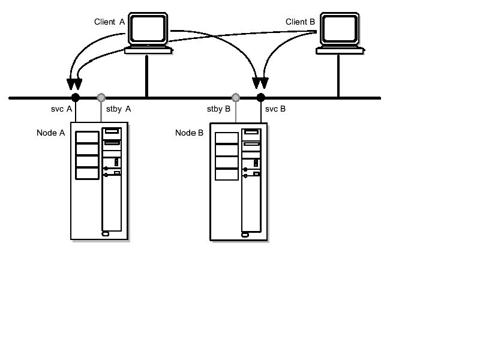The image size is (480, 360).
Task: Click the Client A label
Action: (109, 22)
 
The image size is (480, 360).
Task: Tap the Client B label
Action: (300, 22)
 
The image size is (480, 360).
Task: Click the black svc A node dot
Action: (75, 97)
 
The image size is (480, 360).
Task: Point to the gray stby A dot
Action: (101, 97)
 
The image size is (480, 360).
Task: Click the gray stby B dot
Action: (236, 97)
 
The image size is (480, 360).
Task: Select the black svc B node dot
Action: (260, 97)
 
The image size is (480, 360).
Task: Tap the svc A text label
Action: (61, 110)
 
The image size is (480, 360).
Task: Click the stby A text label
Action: (118, 110)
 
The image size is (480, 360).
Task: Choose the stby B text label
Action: (218, 110)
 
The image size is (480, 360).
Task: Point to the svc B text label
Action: (275, 110)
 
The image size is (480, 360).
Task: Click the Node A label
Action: (50, 133)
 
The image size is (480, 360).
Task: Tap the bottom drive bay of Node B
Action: (226, 173)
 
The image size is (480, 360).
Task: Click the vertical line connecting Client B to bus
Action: (338, 76)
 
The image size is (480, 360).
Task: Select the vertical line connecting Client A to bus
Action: (146, 76)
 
